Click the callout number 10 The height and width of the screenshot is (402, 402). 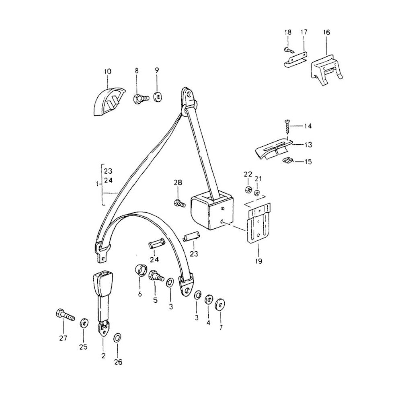pos(108,71)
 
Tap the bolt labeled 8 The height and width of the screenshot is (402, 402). pos(141,98)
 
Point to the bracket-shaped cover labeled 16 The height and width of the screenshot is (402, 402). pos(326,70)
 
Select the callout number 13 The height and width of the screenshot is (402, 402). pos(308,145)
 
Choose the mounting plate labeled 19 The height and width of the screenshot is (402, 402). pos(258,223)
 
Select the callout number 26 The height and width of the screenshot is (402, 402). pos(118,362)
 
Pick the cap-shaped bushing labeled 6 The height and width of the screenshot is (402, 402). pos(141,271)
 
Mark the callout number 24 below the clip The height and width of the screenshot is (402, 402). pos(154,260)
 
